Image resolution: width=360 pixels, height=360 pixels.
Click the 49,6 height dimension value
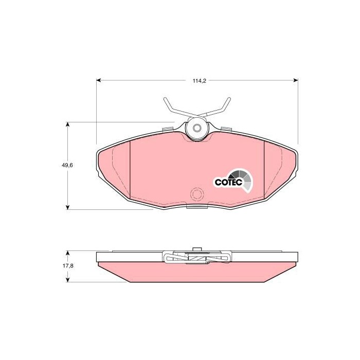[67, 165]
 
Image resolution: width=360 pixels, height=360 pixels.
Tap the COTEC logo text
[228, 182]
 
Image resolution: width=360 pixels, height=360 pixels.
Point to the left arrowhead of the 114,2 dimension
[99, 80]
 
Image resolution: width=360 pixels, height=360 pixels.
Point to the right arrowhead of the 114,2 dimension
[296, 80]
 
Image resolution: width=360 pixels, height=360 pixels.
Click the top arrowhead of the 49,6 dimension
[67, 124]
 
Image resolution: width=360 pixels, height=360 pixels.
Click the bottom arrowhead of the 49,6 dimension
[67, 207]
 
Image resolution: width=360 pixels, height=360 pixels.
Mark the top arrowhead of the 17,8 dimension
[67, 253]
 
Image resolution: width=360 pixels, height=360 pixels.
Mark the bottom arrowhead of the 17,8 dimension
[67, 280]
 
